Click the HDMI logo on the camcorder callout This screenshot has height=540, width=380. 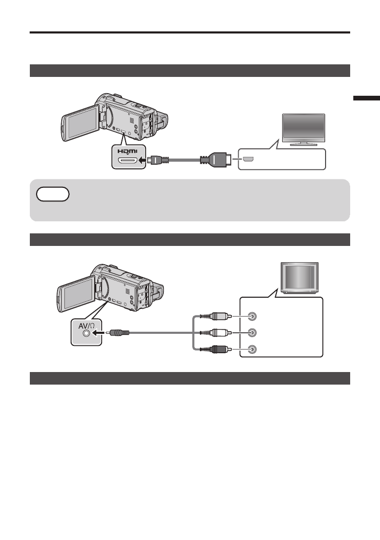pos(127,151)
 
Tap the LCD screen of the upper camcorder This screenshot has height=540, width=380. pos(81,129)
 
